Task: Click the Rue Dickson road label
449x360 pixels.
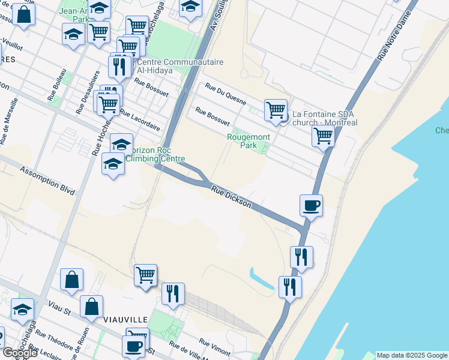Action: coord(231,196)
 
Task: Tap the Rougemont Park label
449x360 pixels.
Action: coord(249,141)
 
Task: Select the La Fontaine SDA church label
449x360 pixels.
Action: coord(324,118)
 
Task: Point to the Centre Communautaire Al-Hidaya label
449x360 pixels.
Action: coord(172,66)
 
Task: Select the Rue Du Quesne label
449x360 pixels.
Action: coord(225,94)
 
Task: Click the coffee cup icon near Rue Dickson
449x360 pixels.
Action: coord(311,206)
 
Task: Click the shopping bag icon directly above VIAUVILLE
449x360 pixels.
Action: coord(71,280)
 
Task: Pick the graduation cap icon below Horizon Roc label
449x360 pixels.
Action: coord(113,164)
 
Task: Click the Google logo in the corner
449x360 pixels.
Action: coord(19,353)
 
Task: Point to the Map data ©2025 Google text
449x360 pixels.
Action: coord(412,355)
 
